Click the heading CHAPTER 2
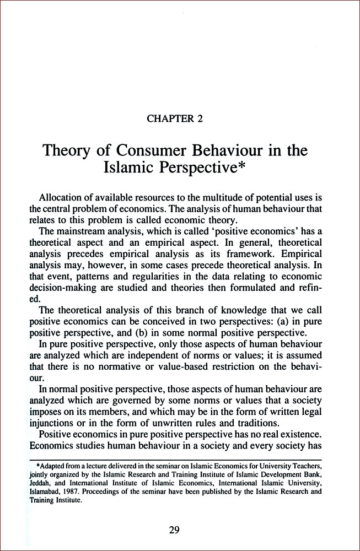pyautogui.click(x=179, y=117)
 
